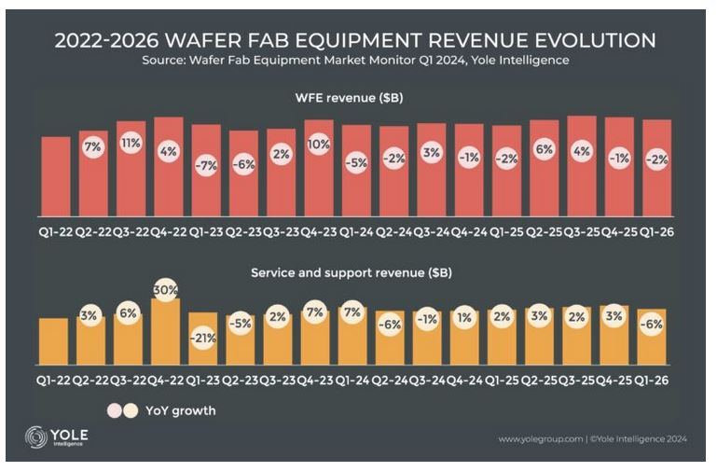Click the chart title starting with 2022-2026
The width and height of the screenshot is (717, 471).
pos(355,40)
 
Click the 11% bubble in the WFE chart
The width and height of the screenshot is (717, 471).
pos(131,144)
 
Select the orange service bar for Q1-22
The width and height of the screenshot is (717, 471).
pos(54,341)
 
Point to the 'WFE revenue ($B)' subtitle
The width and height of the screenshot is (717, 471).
pos(355,97)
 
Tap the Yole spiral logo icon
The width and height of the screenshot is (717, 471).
pos(36,436)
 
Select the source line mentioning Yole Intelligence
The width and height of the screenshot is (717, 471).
pos(355,62)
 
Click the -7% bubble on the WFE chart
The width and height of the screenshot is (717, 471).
pos(206,165)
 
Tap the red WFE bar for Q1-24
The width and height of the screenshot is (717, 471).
pos(356,182)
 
